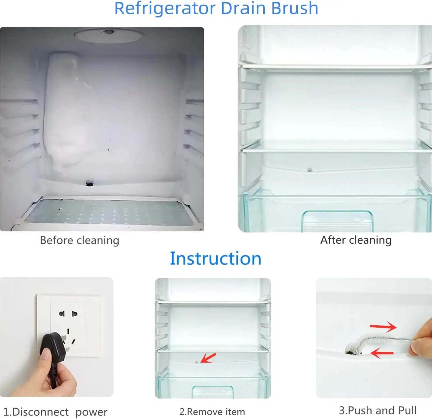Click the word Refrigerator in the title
click(165, 9)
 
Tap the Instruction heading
click(216, 258)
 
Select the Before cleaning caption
click(79, 240)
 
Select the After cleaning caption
click(356, 240)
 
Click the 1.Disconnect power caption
click(55, 412)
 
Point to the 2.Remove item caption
click(212, 412)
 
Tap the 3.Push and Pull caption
click(378, 410)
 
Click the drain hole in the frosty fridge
click(90, 183)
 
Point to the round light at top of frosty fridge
click(109, 35)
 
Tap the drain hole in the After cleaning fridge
click(310, 170)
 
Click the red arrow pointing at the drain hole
click(208, 358)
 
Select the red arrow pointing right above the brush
click(383, 327)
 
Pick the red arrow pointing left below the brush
click(382, 353)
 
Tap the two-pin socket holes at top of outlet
click(68, 313)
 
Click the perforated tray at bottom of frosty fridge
click(108, 212)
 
